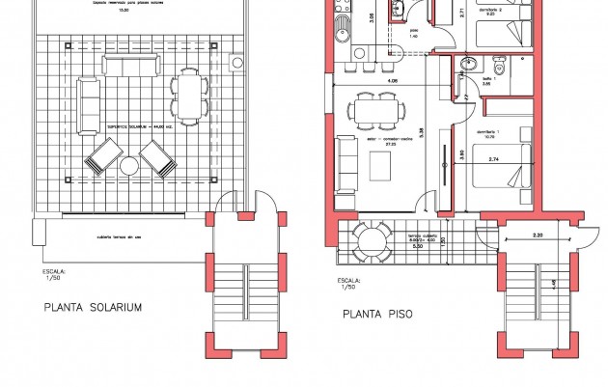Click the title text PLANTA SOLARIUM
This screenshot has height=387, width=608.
[93, 308]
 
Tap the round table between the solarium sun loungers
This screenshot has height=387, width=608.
[129, 167]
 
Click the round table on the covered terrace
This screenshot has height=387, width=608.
[367, 237]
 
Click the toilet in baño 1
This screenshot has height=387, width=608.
[497, 66]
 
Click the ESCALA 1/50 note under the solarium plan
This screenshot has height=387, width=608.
[54, 277]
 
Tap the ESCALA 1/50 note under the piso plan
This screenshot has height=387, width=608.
[345, 282]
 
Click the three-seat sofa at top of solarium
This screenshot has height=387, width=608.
[131, 65]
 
